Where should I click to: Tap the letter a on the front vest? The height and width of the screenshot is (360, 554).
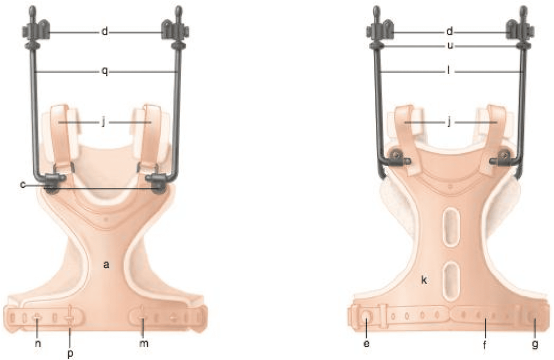pyautogui.click(x=106, y=264)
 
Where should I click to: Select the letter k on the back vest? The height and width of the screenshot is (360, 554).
pyautogui.click(x=424, y=280)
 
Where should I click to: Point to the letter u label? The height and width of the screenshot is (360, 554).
pyautogui.click(x=450, y=46)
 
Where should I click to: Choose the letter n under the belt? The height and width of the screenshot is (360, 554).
pyautogui.click(x=38, y=343)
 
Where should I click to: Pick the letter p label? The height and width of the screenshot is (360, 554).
pyautogui.click(x=70, y=353)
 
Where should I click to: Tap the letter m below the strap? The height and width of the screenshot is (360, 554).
pyautogui.click(x=143, y=343)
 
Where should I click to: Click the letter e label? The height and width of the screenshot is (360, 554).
pyautogui.click(x=366, y=343)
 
